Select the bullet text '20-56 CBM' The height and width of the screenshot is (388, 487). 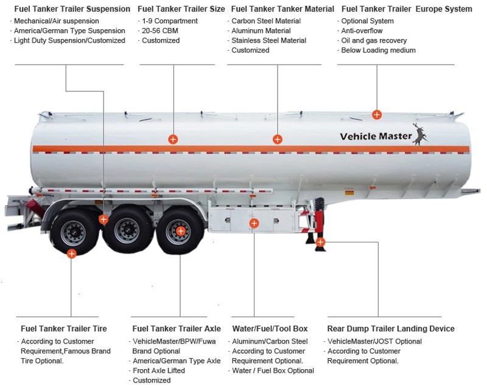click(x=160, y=30)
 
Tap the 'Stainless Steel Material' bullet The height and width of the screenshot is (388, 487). click(x=268, y=40)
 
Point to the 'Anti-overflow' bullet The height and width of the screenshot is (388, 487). click(x=362, y=30)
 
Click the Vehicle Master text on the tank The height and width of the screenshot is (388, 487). click(x=376, y=136)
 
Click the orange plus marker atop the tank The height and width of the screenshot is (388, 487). click(x=377, y=114)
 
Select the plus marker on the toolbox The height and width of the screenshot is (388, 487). click(x=254, y=224)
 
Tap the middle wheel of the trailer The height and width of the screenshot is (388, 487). click(x=127, y=230)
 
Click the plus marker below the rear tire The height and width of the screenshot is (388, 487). click(x=72, y=253)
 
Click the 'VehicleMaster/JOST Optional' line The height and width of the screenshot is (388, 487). click(x=375, y=342)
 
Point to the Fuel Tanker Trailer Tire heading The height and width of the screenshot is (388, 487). click(x=63, y=329)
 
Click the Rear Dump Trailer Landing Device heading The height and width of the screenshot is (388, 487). click(x=391, y=329)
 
